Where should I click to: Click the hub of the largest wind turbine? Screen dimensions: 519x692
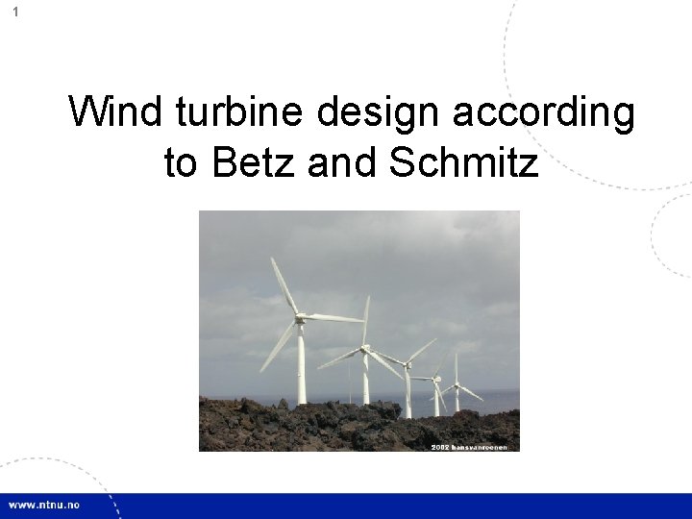pos(300,317)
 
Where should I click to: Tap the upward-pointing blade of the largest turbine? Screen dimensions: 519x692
pos(285,286)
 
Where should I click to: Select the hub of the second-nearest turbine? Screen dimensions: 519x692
pos(365,349)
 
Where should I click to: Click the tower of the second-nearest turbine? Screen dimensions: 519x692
pos(366,380)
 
